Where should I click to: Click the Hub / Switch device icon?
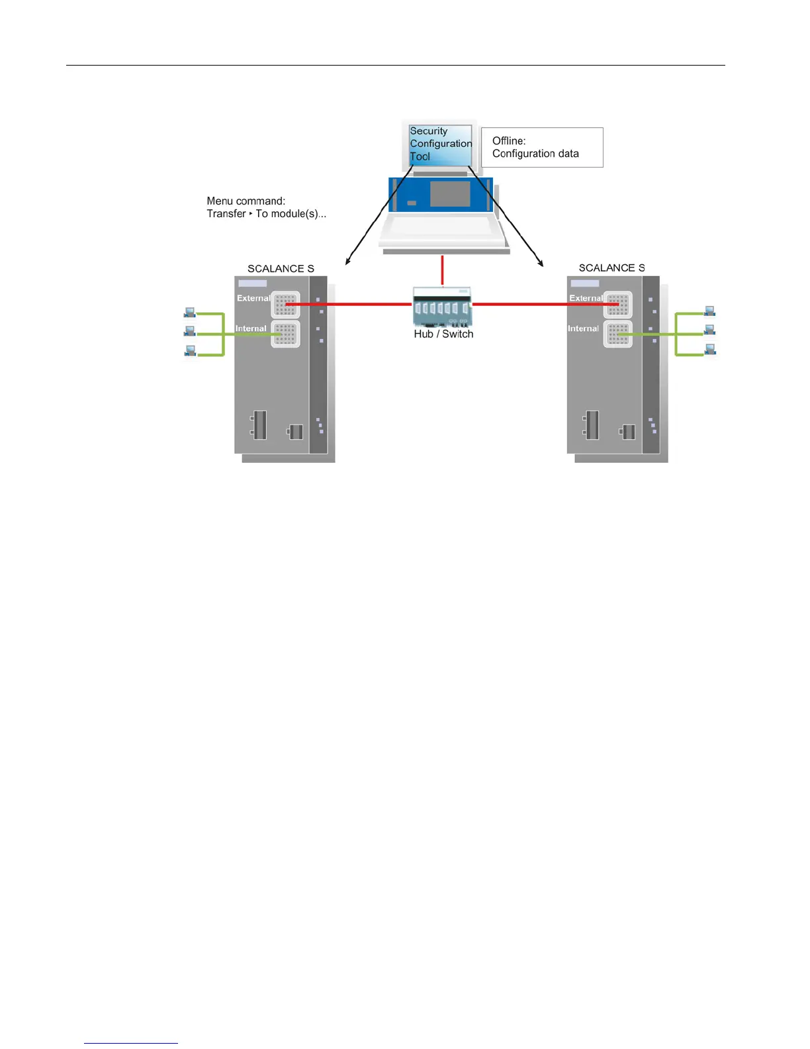click(442, 307)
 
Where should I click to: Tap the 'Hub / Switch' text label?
click(443, 334)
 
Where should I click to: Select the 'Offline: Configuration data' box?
click(541, 147)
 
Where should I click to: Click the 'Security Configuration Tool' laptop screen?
click(440, 144)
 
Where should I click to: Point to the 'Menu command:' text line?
click(246, 201)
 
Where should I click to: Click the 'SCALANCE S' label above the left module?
click(281, 269)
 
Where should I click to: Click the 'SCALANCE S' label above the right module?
click(611, 268)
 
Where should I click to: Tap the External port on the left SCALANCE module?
click(286, 305)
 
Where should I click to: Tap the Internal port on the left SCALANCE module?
click(286, 334)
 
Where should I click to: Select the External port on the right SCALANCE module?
click(618, 305)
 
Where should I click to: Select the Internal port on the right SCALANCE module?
click(618, 334)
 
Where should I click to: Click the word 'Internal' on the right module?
click(583, 328)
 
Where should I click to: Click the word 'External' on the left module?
click(253, 298)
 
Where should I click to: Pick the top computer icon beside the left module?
click(190, 312)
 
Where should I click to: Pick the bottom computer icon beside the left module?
click(190, 351)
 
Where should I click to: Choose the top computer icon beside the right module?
click(710, 311)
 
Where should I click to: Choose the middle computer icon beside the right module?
click(710, 330)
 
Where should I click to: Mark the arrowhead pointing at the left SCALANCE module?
click(347, 262)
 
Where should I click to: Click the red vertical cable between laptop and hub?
click(442, 270)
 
